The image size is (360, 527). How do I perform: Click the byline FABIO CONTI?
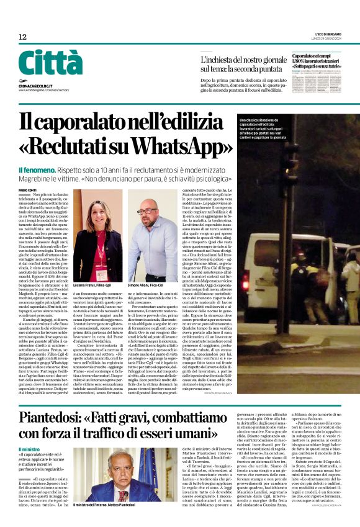[28, 190]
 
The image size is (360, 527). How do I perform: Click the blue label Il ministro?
[30, 448]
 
